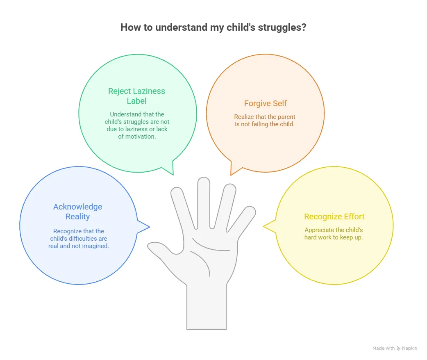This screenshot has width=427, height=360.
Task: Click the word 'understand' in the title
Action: click(x=178, y=28)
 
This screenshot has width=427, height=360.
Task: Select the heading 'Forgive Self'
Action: click(x=266, y=104)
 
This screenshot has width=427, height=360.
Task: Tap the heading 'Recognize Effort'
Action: click(x=334, y=216)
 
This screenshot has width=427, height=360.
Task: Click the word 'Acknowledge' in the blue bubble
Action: click(x=78, y=207)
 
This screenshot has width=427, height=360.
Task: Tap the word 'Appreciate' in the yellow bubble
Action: click(x=319, y=230)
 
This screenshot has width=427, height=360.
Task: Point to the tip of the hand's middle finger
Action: click(x=203, y=181)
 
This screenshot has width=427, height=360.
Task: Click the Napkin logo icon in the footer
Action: click(x=399, y=348)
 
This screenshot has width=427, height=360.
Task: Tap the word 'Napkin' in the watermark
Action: click(x=410, y=348)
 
